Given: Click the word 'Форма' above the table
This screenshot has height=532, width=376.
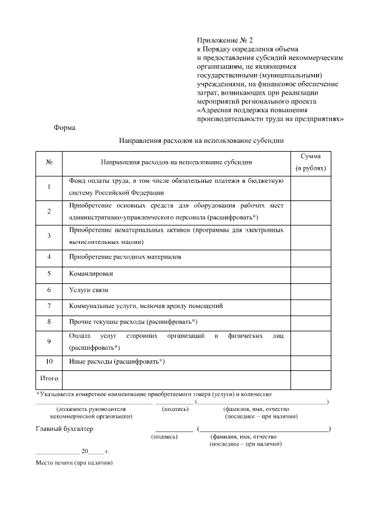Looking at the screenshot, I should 65,128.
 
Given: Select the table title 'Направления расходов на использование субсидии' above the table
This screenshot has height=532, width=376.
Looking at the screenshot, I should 202,141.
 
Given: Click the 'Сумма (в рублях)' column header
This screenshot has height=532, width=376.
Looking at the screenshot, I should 310,162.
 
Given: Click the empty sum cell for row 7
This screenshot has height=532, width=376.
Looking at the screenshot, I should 310,306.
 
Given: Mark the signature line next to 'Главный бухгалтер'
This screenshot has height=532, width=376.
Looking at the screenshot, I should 174,430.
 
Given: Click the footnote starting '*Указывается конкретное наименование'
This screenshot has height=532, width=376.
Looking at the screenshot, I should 154,393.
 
